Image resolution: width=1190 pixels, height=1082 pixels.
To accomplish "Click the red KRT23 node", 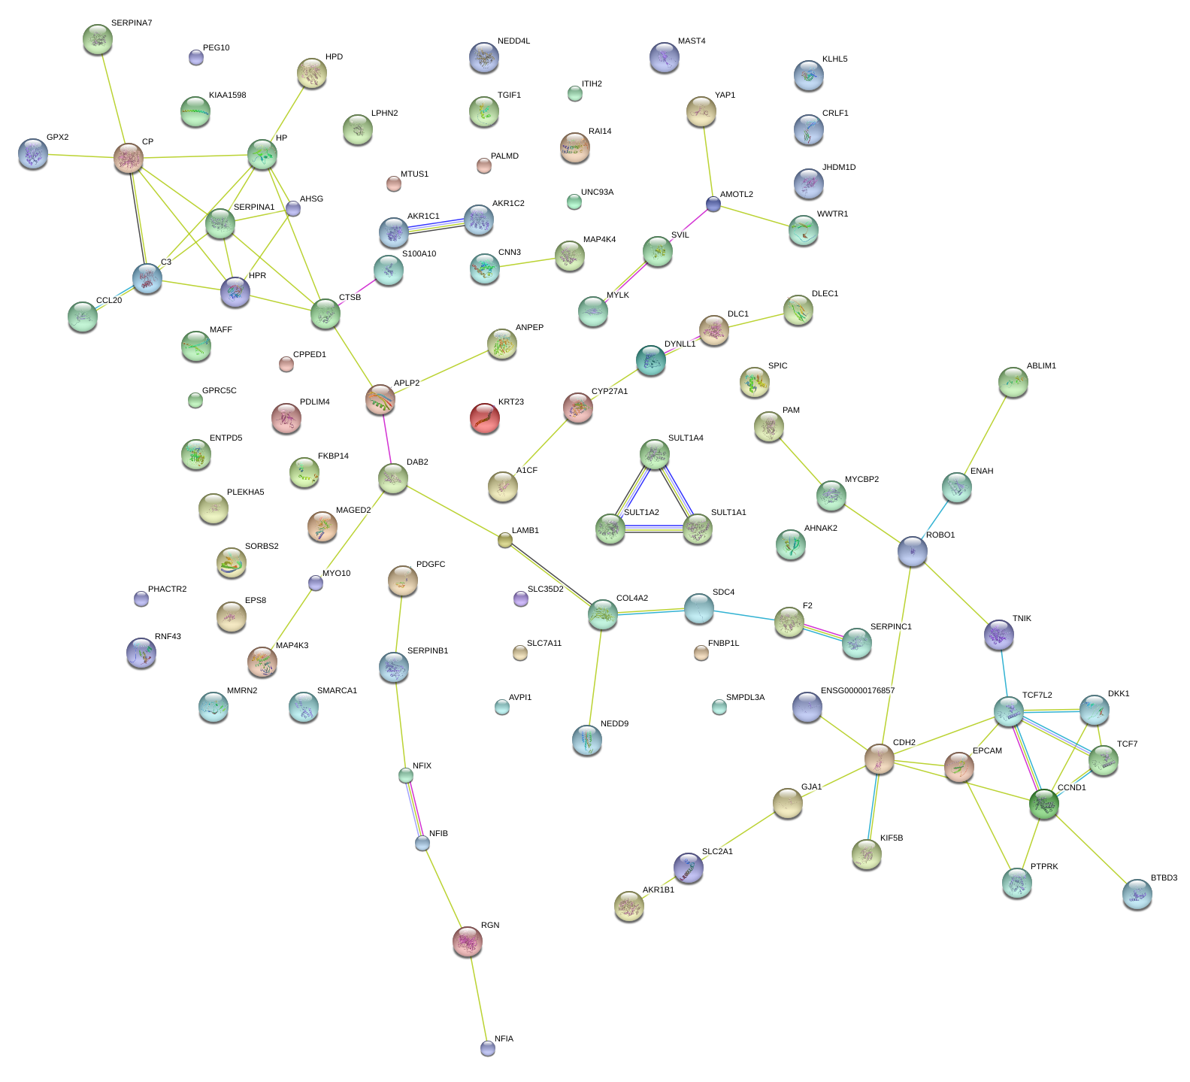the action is (x=485, y=418).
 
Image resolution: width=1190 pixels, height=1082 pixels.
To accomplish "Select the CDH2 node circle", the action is (x=879, y=759).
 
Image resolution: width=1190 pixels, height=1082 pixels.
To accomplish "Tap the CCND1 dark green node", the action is (x=1044, y=804).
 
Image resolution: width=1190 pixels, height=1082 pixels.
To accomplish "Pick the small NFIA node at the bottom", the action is (x=488, y=1047).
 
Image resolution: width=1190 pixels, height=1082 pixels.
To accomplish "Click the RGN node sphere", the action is (x=468, y=941).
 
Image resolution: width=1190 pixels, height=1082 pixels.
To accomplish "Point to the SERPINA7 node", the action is (x=98, y=39).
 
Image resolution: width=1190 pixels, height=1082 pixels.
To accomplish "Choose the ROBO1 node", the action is (x=913, y=551).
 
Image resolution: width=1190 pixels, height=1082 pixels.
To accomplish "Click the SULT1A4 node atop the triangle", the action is (x=655, y=454).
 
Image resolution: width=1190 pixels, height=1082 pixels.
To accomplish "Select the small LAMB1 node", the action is (x=505, y=539).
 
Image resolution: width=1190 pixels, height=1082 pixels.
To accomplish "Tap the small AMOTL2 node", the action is (x=713, y=204).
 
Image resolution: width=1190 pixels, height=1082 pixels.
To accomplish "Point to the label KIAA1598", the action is (x=227, y=95).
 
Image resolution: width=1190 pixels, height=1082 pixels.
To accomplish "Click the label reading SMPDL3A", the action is (x=745, y=697).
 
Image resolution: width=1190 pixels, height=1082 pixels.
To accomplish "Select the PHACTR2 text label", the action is (x=167, y=589).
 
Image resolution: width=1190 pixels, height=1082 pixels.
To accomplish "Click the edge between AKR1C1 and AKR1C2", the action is (x=436, y=225).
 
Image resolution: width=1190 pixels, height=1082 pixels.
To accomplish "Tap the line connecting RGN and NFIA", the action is (x=478, y=995).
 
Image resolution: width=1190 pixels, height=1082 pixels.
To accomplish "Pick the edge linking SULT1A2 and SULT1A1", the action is (x=654, y=529).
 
